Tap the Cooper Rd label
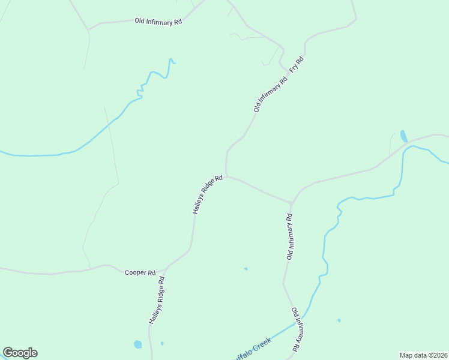pos(140,272)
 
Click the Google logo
pos(20,353)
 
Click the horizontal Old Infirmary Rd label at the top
pos(158,22)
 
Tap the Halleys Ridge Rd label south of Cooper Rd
pos(157,301)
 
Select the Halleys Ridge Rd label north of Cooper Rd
pos(208,194)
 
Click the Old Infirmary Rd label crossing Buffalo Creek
pos(296,329)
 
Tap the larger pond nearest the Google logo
pos(138,344)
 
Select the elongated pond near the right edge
pos(403,136)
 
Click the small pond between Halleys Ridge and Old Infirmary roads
pos(246,269)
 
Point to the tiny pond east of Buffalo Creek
pos(339,320)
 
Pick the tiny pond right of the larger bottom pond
pos(162,344)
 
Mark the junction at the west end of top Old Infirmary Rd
pos(88,29)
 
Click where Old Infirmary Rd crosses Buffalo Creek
pos(298,322)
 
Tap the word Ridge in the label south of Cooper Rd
pos(157,298)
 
